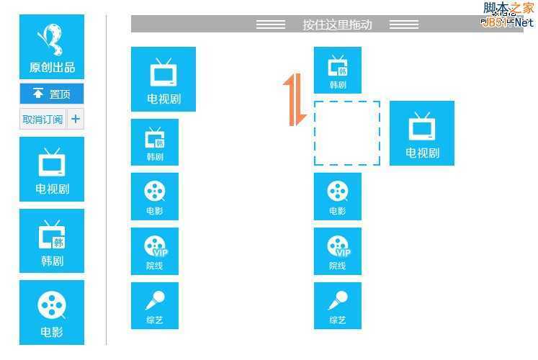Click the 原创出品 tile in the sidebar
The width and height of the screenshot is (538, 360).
52,47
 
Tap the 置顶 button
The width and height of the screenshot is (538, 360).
52,94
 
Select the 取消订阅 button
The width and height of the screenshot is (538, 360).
42,119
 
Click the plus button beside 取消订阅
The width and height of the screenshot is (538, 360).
76,119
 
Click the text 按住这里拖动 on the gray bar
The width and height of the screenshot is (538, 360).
337,24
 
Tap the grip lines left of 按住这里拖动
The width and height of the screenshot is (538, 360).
271,24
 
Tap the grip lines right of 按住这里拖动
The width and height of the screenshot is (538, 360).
403,24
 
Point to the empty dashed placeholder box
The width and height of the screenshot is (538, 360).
347,132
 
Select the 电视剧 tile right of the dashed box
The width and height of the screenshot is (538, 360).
422,133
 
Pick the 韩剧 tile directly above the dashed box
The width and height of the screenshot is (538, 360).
338,70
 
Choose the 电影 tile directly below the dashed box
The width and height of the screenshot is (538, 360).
338,196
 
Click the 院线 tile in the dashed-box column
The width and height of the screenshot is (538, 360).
338,251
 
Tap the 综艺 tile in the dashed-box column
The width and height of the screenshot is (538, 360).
338,305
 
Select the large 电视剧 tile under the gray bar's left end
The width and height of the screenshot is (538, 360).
163,79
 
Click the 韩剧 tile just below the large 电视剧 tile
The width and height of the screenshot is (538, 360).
155,142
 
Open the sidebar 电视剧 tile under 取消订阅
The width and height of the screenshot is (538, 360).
52,169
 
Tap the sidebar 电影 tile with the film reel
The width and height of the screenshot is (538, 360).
52,312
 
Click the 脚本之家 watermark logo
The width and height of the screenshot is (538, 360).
508,14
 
